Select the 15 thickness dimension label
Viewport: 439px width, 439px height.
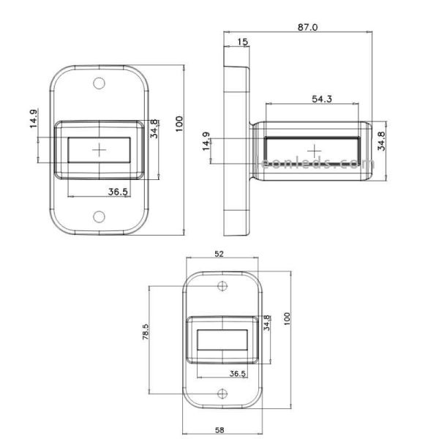[x=241, y=42]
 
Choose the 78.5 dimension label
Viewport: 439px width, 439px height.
[x=146, y=333]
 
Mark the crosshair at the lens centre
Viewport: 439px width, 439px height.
[x=100, y=150]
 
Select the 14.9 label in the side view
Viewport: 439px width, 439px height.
[x=206, y=140]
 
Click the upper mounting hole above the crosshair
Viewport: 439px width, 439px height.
[x=100, y=83]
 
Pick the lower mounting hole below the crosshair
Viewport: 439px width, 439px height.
[x=100, y=217]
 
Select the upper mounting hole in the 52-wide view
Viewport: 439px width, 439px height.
[x=223, y=284]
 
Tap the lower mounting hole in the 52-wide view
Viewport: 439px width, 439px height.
[x=223, y=393]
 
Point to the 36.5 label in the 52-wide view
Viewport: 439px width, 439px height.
[x=237, y=373]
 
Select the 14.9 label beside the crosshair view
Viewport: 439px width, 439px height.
[x=34, y=119]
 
